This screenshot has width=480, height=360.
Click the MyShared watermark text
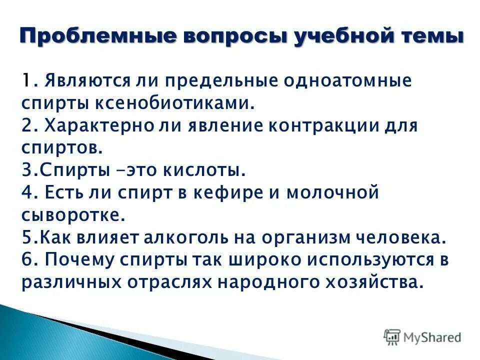point(432,337)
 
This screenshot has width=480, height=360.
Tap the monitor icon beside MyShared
point(391,336)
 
